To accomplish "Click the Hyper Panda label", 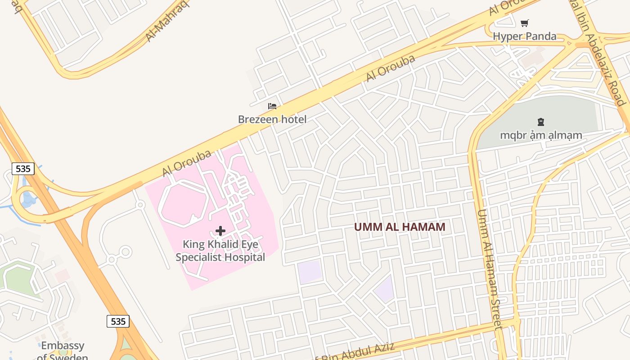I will coord(525,36).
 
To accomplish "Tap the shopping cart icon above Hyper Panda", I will coord(525,23).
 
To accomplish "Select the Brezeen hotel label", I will coord(272,119).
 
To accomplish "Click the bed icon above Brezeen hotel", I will coord(272,107).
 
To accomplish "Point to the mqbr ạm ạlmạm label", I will coord(541,135).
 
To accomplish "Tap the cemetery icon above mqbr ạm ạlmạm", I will coord(540,121).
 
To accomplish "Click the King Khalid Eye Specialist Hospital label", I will coord(220,251).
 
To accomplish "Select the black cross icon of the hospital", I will coord(220,231).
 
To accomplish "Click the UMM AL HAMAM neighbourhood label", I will coord(400,227).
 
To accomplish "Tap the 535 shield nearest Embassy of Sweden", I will coord(118,321).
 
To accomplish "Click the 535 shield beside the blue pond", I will coord(22,169).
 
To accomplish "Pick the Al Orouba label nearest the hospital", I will coord(187,163).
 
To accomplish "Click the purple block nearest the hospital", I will coord(310,272).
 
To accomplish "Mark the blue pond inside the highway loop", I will coord(28,198).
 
